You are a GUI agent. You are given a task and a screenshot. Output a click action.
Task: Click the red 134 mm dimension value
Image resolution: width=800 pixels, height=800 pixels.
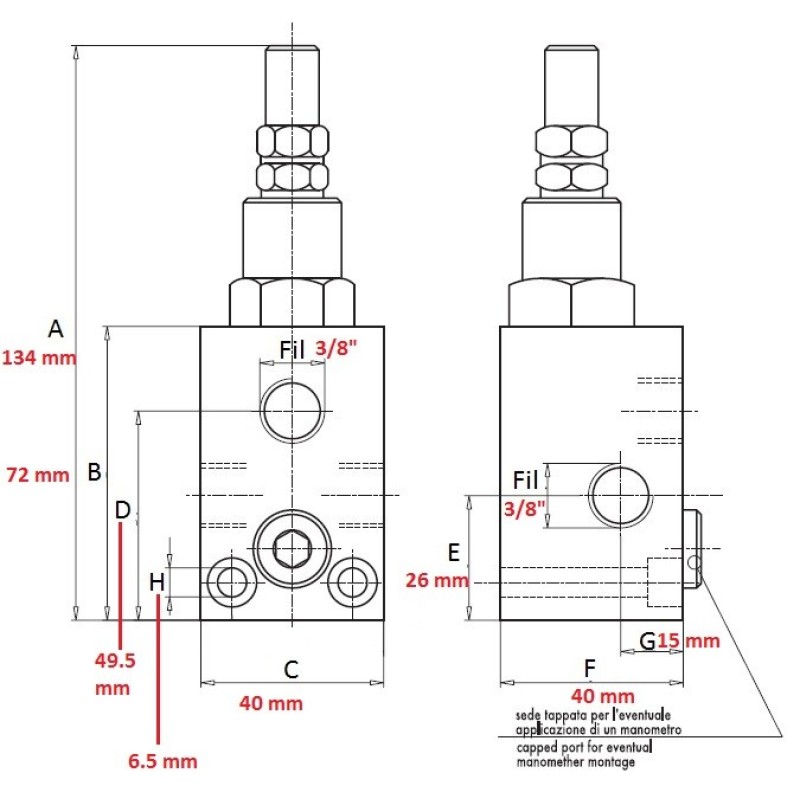(x=39, y=358)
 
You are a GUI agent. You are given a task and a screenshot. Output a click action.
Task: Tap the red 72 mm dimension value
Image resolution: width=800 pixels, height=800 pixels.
(x=38, y=475)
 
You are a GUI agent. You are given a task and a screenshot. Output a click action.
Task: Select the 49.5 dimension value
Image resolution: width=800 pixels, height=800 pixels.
(x=115, y=661)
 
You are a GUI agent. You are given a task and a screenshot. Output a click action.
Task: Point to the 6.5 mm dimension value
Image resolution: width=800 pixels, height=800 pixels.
(x=163, y=761)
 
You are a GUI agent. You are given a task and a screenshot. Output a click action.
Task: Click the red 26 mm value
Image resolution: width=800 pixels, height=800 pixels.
(x=437, y=580)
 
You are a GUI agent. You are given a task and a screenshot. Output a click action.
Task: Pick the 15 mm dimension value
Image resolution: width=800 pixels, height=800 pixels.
(x=688, y=641)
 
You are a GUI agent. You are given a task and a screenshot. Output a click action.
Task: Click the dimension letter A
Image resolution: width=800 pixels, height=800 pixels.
(x=56, y=329)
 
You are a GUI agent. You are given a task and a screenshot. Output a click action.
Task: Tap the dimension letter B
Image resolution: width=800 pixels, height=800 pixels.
(x=94, y=472)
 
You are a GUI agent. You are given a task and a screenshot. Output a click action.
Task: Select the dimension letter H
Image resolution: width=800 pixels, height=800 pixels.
(x=157, y=583)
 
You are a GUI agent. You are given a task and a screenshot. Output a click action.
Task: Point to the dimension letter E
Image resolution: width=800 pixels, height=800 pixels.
(x=454, y=553)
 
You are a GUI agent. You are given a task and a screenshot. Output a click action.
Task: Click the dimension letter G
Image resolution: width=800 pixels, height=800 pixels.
(x=647, y=641)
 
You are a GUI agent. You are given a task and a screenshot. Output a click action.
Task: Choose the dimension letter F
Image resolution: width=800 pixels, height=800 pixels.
(x=590, y=668)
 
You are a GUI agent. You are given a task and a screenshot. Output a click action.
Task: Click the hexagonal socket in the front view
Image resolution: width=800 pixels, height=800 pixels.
(x=292, y=548)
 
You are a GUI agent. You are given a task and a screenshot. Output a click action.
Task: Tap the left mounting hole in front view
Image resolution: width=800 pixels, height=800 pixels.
(x=232, y=582)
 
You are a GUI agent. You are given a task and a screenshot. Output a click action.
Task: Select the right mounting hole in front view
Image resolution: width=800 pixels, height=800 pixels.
(x=353, y=582)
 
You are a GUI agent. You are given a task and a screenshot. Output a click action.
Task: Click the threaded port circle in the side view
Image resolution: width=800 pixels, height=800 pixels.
(x=620, y=495)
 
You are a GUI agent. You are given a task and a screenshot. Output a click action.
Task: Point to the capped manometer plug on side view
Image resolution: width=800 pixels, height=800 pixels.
(x=692, y=549)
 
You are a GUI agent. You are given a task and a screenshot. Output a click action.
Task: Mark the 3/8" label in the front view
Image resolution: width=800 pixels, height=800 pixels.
(x=336, y=348)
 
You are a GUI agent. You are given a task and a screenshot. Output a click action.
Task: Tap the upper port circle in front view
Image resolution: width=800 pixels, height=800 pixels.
(x=292, y=411)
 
